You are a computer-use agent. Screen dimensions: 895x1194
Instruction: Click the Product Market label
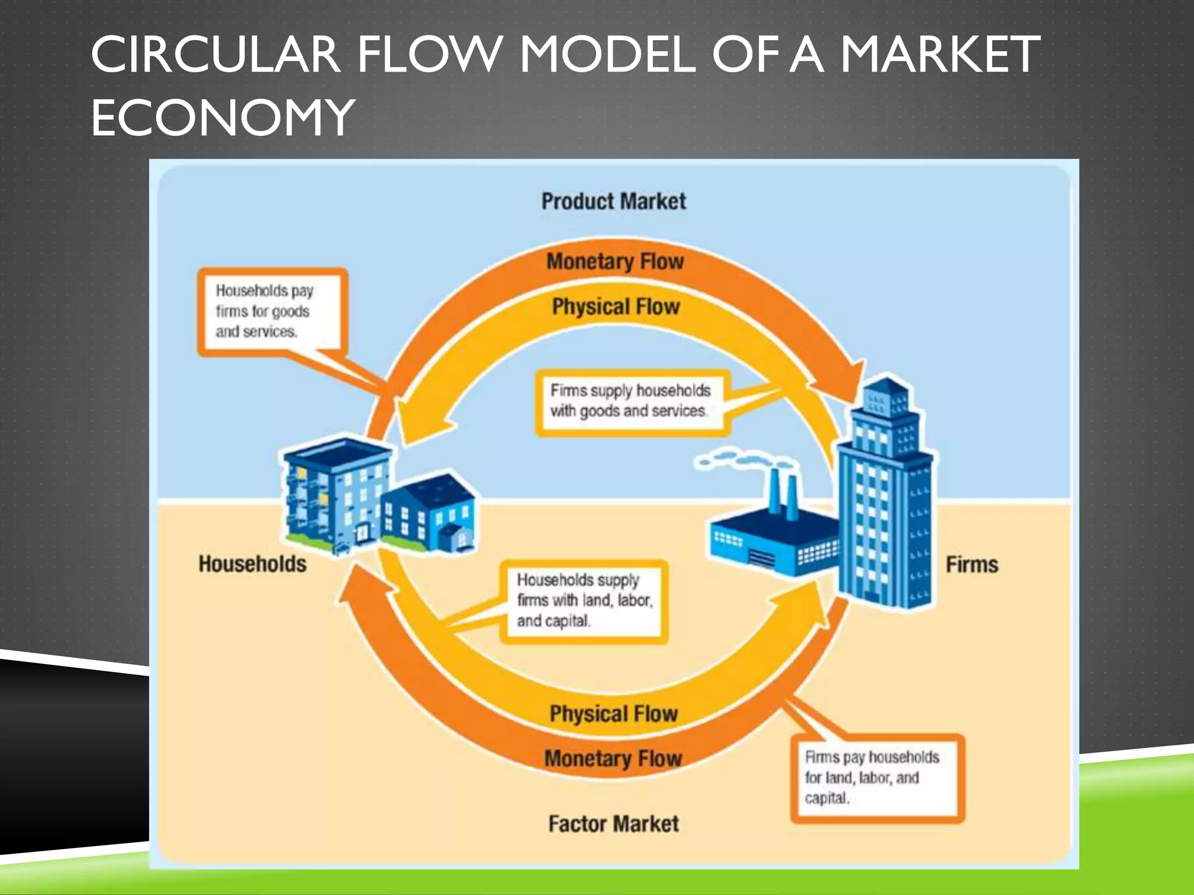coord(613,202)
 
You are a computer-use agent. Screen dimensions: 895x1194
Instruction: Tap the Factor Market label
coord(613,824)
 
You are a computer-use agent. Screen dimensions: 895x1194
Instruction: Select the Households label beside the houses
coord(252,564)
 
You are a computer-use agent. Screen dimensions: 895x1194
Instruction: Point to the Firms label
coord(971,565)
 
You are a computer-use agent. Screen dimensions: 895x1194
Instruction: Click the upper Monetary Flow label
coord(615,262)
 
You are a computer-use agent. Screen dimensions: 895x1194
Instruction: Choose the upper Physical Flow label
coord(616,306)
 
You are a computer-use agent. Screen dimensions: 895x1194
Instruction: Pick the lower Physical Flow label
coord(613,714)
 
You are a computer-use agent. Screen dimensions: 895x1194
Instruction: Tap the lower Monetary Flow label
coord(613,759)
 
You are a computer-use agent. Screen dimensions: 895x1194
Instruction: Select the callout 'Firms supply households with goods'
coord(631,401)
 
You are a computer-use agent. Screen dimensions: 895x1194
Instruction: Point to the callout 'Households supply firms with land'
coord(583,601)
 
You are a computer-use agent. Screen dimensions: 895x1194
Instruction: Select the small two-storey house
coord(429,515)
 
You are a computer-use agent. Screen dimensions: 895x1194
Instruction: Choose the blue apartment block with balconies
coord(335,495)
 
